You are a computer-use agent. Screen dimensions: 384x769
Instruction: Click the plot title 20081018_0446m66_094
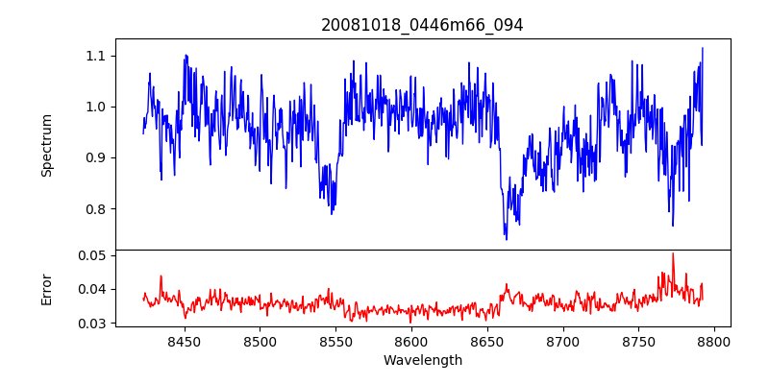(422, 25)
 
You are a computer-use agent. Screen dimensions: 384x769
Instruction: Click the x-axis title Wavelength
(422, 360)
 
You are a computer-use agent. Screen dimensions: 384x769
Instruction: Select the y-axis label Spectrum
(46, 145)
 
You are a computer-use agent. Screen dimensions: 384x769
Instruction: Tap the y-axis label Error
(46, 288)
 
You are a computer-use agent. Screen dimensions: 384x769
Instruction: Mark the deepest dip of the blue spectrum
(507, 238)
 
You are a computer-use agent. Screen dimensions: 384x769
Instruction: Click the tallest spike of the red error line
(673, 254)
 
